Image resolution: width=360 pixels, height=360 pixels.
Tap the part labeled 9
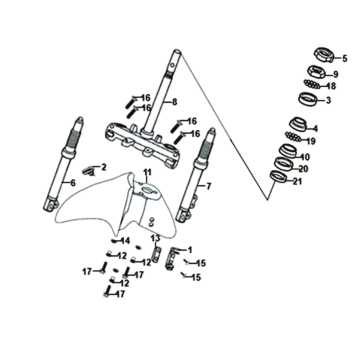[317, 72]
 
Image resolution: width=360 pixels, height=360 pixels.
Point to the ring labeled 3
[307, 99]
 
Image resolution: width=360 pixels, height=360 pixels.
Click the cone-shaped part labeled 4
[297, 124]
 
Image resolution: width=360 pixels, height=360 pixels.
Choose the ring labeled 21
[278, 176]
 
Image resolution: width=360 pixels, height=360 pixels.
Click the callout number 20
[303, 169]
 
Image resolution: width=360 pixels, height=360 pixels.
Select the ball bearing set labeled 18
[312, 84]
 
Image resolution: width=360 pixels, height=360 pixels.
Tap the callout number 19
[311, 142]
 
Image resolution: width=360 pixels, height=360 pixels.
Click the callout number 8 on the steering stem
[175, 102]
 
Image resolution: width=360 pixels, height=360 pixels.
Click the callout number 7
[209, 187]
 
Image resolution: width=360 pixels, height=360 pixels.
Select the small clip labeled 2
[88, 171]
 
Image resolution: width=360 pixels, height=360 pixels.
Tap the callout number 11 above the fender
[147, 173]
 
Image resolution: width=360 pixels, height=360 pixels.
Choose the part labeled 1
[172, 257]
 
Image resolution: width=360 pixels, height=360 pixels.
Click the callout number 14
[125, 241]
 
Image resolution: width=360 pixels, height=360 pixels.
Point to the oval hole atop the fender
[147, 190]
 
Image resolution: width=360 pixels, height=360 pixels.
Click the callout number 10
[305, 157]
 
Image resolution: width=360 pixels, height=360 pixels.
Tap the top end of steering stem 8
[177, 52]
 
